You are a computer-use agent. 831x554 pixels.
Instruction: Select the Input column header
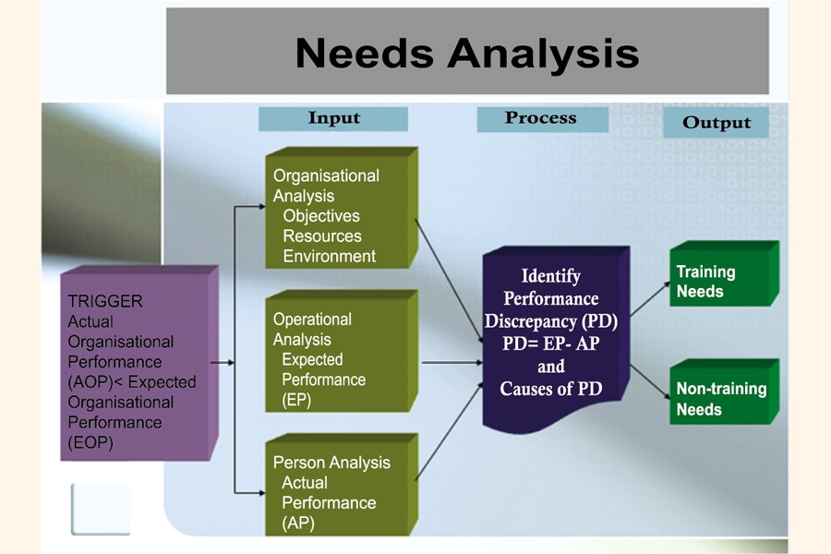(333, 118)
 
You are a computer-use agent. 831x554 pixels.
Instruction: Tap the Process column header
(541, 118)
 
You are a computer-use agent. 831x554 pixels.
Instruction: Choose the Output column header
(717, 123)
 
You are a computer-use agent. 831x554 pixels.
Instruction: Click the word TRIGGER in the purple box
(105, 302)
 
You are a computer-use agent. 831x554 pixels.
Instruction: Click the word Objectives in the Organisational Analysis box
(321, 216)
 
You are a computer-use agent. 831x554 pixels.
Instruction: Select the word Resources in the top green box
(323, 236)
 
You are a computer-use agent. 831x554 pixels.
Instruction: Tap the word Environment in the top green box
(329, 257)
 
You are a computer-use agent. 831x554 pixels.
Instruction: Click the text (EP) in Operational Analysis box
(296, 400)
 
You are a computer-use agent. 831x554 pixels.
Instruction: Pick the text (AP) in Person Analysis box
(296, 524)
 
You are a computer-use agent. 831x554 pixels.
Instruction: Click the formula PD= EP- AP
(551, 343)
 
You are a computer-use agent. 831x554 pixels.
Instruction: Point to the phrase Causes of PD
(551, 389)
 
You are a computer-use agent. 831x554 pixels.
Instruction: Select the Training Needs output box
(722, 281)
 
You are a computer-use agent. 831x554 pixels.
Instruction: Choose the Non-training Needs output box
(722, 398)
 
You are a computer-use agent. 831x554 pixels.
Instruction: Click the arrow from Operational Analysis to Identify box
(452, 363)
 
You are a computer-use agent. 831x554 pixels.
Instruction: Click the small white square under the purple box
(101, 508)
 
